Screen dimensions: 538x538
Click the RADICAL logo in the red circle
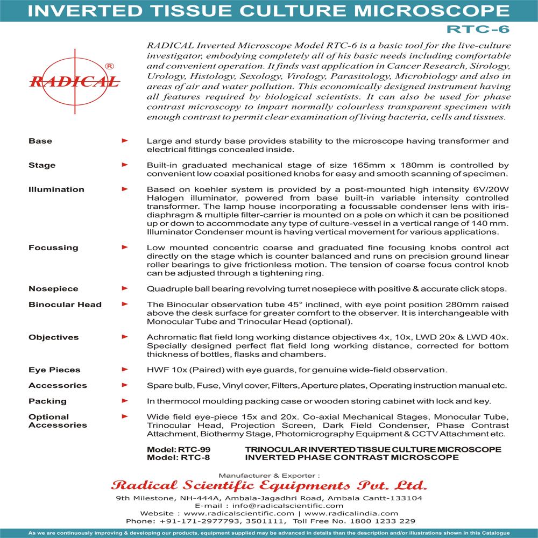click(74, 81)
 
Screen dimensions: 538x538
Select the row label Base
click(40, 141)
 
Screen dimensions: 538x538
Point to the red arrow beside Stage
click(125, 165)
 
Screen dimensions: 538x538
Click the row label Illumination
click(56, 189)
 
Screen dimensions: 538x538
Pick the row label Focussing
click(53, 247)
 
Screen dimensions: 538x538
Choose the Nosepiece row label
click(53, 289)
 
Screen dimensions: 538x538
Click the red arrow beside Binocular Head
click(125, 305)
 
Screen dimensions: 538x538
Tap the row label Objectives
click(53, 337)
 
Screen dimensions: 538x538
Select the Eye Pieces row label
click(54, 370)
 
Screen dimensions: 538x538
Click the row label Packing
click(47, 401)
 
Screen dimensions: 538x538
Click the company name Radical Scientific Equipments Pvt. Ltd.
click(269, 485)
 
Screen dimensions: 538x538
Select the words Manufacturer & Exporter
click(269, 475)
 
